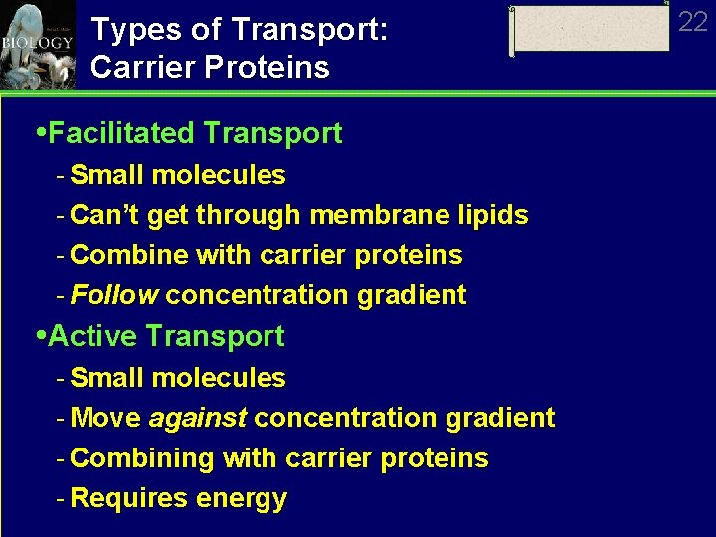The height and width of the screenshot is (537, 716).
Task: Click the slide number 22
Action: pos(692,22)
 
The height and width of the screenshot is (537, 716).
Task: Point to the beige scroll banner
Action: pos(591,30)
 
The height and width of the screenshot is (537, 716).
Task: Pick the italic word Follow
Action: pos(114,295)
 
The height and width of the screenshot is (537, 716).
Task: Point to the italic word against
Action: pos(197,418)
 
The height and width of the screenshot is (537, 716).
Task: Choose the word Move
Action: pos(105,418)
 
